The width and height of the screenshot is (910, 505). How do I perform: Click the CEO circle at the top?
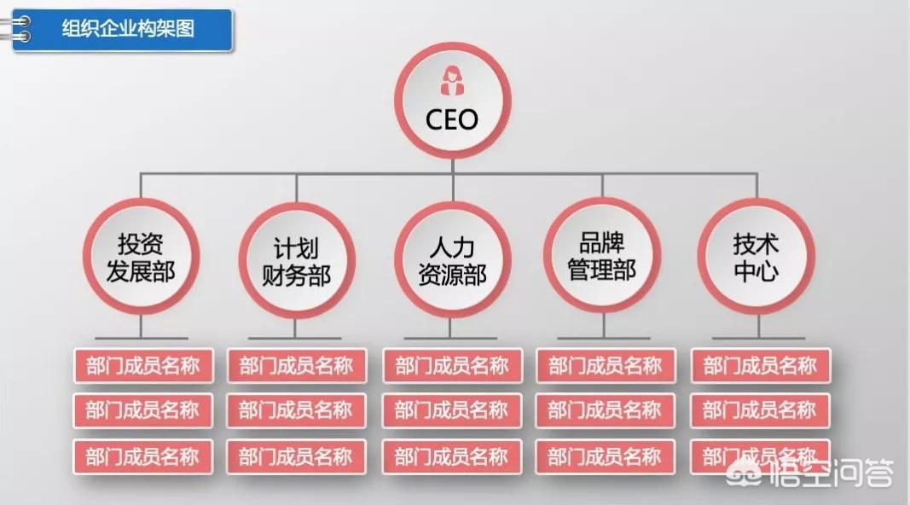452,101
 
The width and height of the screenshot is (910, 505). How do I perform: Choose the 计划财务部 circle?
296,261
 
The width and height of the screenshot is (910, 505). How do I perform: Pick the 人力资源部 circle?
452,261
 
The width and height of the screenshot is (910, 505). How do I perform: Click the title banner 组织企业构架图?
129,30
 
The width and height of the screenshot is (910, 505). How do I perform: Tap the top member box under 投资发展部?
142,366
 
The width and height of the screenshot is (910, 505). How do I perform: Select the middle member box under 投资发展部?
142,410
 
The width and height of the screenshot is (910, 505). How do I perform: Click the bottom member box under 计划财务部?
296,456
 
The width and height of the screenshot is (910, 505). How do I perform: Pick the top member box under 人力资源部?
451,366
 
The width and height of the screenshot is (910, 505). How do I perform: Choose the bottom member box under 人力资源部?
451,456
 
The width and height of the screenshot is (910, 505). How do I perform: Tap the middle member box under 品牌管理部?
605,410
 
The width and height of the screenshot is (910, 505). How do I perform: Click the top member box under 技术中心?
759,366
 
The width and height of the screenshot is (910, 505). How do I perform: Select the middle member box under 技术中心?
759,410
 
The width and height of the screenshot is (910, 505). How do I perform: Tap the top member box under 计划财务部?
296,366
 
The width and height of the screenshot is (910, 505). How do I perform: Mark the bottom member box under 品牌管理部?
605,456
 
